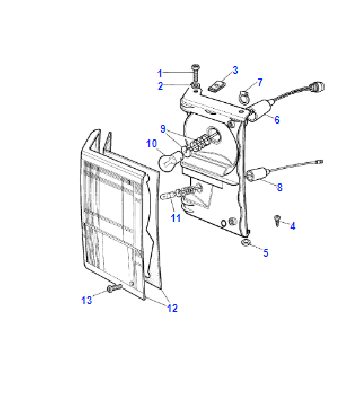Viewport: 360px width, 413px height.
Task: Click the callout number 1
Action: (160, 73)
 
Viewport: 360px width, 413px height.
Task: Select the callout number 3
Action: (235, 70)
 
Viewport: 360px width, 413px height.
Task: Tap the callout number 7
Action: (260, 82)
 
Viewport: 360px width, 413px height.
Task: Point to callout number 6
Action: (277, 119)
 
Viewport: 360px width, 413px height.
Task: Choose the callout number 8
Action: (279, 187)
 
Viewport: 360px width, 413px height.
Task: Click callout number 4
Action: (292, 226)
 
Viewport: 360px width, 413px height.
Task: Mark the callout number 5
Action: (265, 253)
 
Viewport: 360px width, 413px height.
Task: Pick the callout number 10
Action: (151, 144)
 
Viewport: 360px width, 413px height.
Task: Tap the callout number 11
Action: (176, 218)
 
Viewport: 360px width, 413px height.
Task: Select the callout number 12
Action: (172, 308)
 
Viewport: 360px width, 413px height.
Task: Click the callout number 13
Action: (87, 300)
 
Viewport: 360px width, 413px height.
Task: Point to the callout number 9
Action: (163, 129)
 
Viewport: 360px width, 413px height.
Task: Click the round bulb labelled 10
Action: (171, 161)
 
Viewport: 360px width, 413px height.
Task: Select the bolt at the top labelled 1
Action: (195, 73)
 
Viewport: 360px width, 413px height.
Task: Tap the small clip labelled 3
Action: (215, 86)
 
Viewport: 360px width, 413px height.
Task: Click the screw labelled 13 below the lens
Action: (114, 287)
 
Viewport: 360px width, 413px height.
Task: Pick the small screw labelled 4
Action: (277, 220)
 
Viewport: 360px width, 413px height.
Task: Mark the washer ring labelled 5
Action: (246, 242)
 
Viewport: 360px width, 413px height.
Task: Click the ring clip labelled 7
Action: (245, 95)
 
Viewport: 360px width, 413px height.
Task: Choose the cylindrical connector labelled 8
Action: (258, 174)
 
